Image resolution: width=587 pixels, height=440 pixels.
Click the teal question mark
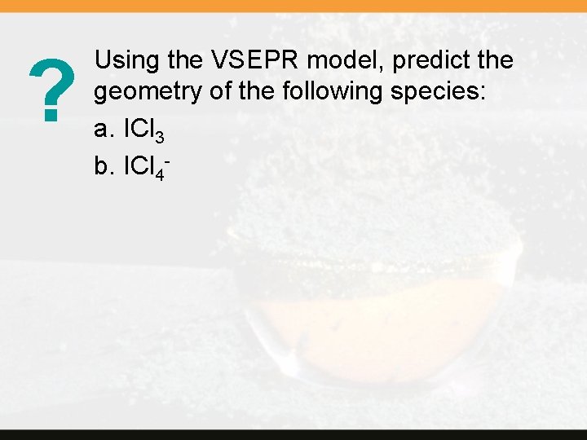click(49, 92)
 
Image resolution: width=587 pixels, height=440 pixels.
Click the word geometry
click(148, 93)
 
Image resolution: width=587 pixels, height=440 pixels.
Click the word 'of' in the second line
click(222, 91)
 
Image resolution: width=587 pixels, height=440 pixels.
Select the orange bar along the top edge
click(293, 5)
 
